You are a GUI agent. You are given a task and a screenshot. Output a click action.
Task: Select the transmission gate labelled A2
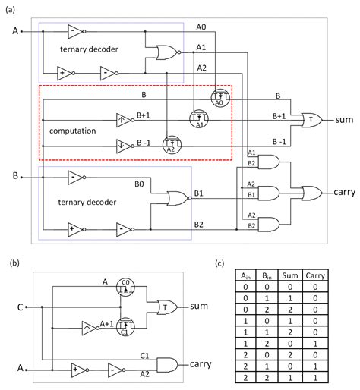(x=172, y=146)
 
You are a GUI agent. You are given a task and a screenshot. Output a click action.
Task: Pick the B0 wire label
(x=141, y=184)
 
